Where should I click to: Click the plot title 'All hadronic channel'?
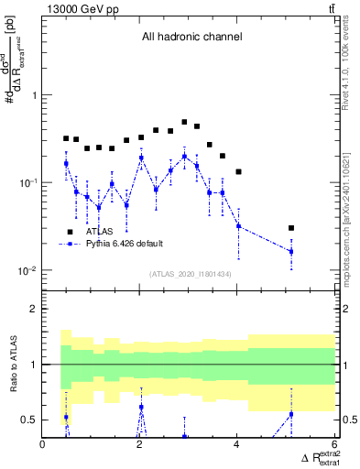click(x=191, y=38)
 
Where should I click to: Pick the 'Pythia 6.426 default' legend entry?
click(x=125, y=245)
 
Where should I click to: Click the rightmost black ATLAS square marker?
click(x=291, y=228)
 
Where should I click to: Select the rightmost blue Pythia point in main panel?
click(x=291, y=251)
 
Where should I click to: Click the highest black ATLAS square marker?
click(x=184, y=122)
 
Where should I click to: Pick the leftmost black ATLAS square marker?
click(x=66, y=138)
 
